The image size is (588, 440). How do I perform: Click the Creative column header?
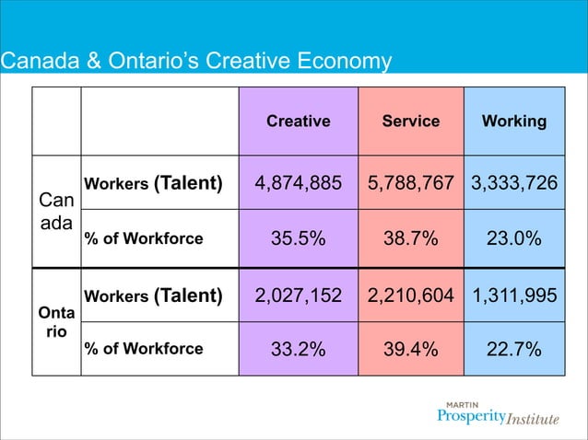[298, 122]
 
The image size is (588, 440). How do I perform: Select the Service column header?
[411, 122]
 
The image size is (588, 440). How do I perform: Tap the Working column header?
[514, 122]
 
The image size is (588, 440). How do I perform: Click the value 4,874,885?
[298, 183]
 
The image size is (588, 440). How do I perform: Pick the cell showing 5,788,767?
[411, 183]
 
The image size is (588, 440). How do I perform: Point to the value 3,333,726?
[514, 183]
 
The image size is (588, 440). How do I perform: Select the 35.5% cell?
[298, 238]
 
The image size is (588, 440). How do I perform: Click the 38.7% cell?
[411, 238]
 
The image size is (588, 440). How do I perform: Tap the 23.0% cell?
[514, 238]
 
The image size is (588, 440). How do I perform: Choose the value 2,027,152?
[298, 295]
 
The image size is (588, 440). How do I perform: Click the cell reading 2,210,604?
[411, 295]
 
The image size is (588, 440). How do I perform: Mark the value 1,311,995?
[514, 295]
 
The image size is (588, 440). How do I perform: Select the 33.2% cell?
[298, 349]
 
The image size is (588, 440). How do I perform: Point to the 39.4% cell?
[411, 349]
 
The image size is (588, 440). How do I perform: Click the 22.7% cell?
[514, 349]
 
